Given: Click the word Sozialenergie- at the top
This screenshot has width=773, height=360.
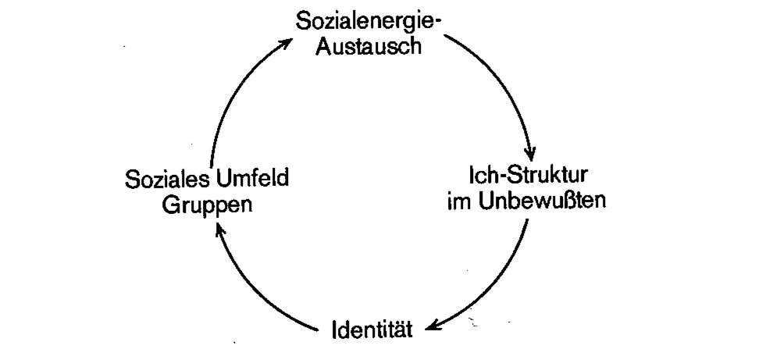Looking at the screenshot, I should (368, 20).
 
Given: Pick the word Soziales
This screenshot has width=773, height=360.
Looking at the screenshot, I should (163, 180).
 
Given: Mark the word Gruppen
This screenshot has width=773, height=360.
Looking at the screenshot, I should (206, 205).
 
